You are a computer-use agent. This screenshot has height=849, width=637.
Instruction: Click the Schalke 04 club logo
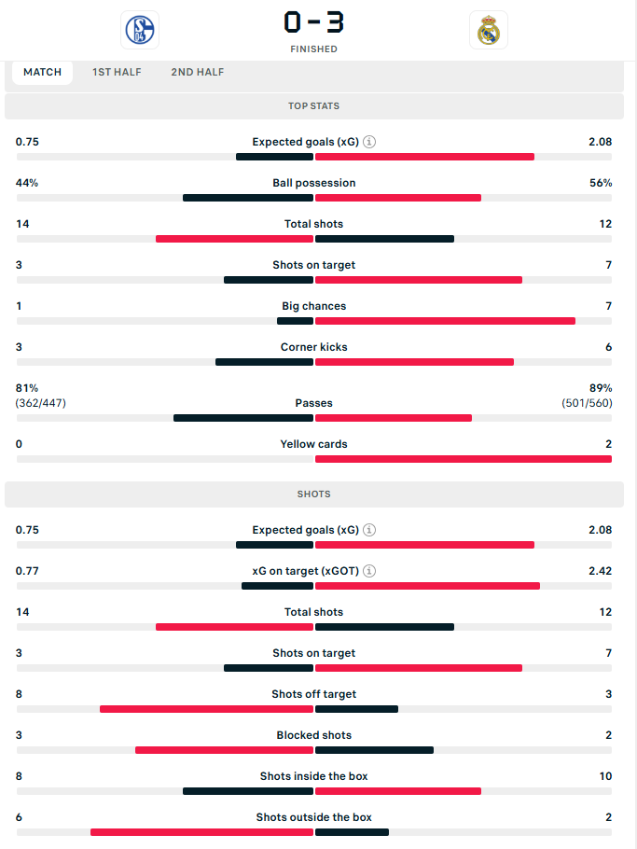[x=140, y=30]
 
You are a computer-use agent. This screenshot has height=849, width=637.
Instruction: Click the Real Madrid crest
[x=488, y=30]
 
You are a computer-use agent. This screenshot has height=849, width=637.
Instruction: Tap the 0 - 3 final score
[x=314, y=22]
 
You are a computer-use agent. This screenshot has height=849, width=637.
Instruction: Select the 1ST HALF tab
[x=117, y=72]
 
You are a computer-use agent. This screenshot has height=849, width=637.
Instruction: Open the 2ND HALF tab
[x=198, y=72]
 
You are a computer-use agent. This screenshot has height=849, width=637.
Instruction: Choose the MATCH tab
[x=42, y=72]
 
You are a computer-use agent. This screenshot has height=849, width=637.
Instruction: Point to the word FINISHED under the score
[x=314, y=49]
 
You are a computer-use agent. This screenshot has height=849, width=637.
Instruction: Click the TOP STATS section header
[x=314, y=106]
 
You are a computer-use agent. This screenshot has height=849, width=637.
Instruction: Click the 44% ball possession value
[x=27, y=183]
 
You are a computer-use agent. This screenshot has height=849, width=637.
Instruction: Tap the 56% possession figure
[x=601, y=183]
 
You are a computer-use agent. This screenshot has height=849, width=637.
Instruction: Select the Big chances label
[x=314, y=306]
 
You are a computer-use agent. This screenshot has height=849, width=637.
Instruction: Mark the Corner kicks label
[x=314, y=347]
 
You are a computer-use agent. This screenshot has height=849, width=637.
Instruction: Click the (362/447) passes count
[x=41, y=403]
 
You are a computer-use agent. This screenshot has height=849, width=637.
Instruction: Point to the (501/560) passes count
[x=588, y=403]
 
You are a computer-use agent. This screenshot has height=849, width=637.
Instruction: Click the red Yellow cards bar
[x=464, y=459]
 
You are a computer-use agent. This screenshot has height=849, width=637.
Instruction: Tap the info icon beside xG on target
[x=369, y=571]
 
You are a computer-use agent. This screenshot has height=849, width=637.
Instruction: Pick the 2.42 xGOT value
[x=601, y=571]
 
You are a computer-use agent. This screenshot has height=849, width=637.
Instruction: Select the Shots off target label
[x=314, y=694]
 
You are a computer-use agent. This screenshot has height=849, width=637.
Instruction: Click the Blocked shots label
[x=314, y=735]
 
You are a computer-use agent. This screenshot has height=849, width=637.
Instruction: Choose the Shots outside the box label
[x=314, y=817]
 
